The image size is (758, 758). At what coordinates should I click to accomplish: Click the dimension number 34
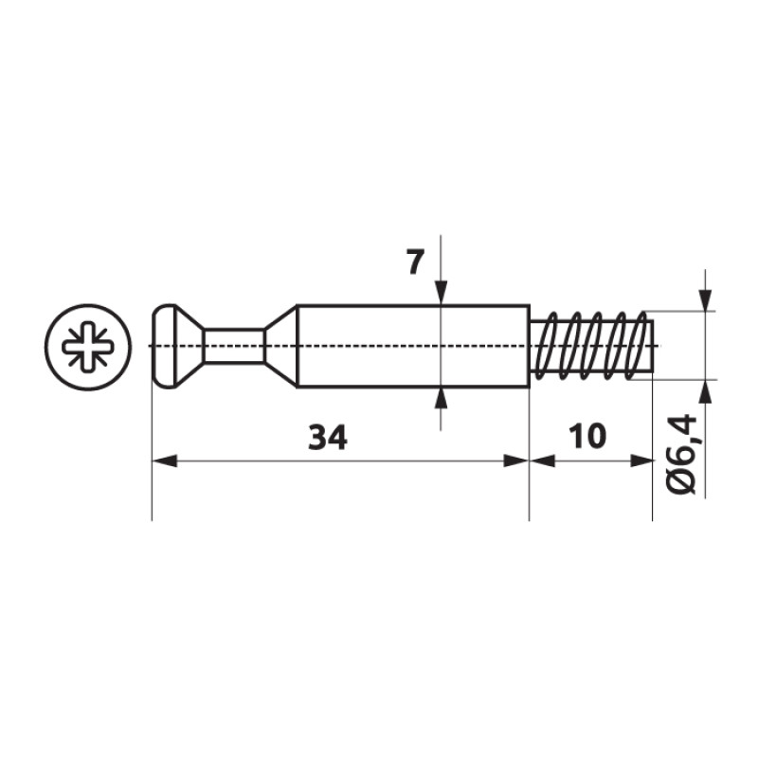click(x=328, y=438)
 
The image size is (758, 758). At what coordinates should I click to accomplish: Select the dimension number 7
click(x=413, y=263)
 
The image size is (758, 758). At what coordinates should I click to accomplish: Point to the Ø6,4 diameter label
click(x=681, y=455)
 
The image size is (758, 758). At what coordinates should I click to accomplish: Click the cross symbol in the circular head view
click(x=88, y=347)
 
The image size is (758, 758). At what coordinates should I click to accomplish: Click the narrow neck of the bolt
click(x=234, y=346)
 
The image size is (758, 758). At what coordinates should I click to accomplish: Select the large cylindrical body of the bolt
click(x=412, y=346)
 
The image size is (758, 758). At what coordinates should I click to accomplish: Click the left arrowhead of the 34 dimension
click(x=164, y=460)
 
